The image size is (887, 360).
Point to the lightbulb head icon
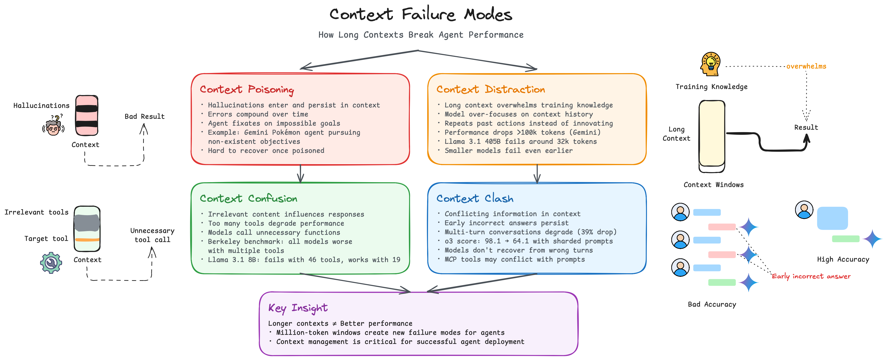tap(710, 64)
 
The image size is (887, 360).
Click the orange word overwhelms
tap(806, 66)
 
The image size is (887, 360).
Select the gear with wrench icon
tap(51, 263)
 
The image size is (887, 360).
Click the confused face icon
tap(53, 127)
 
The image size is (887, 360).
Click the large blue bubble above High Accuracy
tap(832, 218)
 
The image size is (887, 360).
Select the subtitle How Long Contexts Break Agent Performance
tap(421, 35)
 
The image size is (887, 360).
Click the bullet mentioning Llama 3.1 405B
tap(520, 141)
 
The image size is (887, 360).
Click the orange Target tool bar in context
tap(87, 239)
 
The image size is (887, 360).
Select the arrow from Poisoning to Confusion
tap(300, 174)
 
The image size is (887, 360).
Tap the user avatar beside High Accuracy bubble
tap(804, 210)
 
